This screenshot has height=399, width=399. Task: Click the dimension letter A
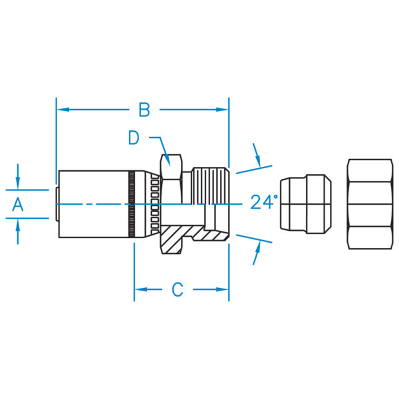coord(18,205)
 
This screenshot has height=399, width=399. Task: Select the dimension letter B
coord(144,108)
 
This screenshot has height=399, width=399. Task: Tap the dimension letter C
coord(178,289)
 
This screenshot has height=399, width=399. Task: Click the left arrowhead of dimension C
coord(140,289)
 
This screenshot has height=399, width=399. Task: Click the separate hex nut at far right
coord(370,204)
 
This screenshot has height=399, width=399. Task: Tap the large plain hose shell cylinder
coord(93,204)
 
